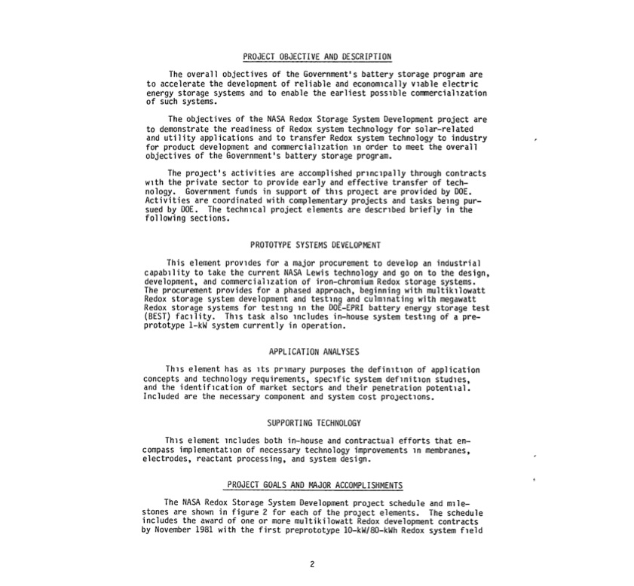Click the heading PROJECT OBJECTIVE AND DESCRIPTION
pyautogui.click(x=317, y=56)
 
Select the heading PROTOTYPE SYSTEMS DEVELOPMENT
pyautogui.click(x=315, y=245)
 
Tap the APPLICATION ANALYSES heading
pyautogui.click(x=314, y=351)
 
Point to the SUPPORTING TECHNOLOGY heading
pyautogui.click(x=314, y=423)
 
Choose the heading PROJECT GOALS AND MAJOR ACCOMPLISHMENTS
pyautogui.click(x=315, y=484)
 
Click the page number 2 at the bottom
pyautogui.click(x=311, y=563)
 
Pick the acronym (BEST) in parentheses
pyautogui.click(x=156, y=318)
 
